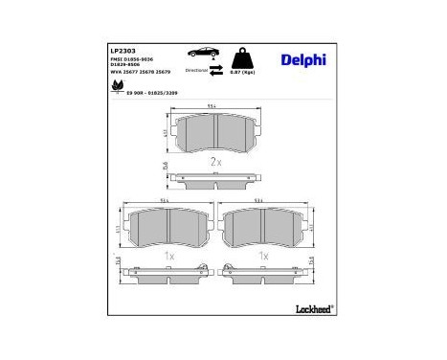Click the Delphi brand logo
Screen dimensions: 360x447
(303, 60)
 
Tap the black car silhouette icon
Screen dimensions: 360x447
(203, 52)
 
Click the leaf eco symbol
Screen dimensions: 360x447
(117, 85)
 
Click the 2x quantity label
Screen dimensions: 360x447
(215, 164)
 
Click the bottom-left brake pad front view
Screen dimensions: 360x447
(168, 226)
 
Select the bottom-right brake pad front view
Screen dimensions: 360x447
(262, 226)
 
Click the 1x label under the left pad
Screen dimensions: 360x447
(168, 257)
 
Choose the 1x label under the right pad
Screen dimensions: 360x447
(262, 257)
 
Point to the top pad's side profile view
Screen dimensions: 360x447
(215, 179)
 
